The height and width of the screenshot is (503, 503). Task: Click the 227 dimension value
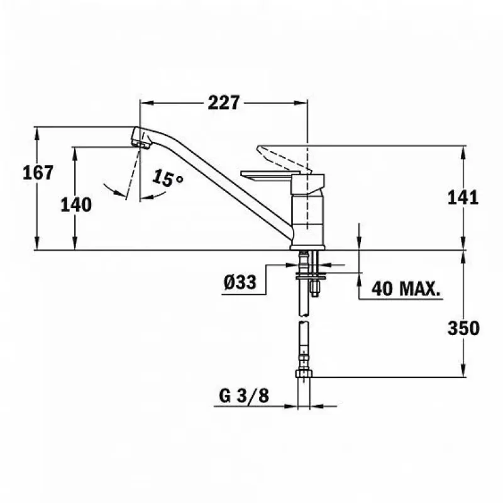pos(224,102)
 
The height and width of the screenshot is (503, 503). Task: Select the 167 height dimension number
pos(38,173)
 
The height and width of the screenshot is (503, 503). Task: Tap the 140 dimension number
pos(76,205)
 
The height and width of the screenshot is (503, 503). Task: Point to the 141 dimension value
pos(463,197)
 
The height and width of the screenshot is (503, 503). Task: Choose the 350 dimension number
pos(463,328)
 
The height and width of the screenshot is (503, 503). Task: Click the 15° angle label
pos(167,178)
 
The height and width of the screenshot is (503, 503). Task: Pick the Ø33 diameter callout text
pos(240,282)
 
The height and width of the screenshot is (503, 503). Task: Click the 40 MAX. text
pos(406,289)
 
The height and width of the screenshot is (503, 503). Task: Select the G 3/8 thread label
pos(244,396)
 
